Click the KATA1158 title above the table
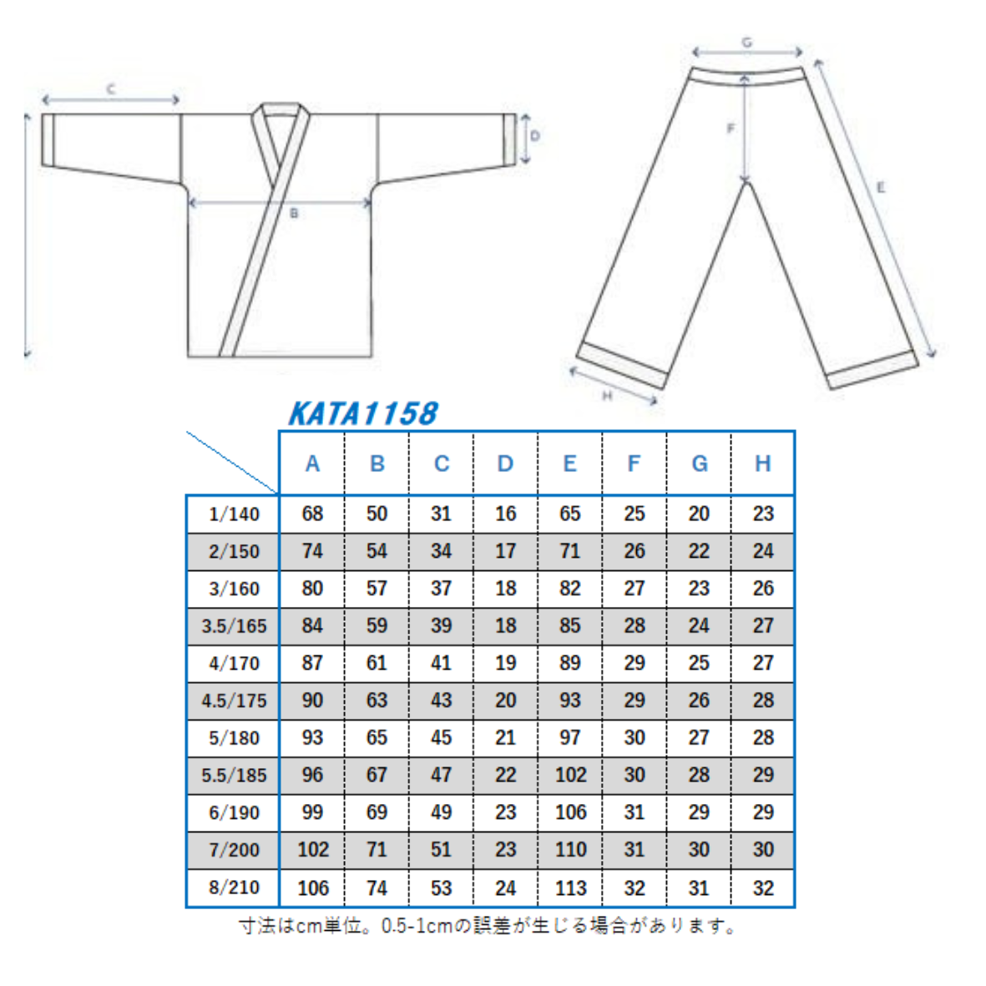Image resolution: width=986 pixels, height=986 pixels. click(363, 413)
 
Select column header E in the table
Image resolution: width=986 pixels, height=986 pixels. click(569, 463)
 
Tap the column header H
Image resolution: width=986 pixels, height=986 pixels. click(763, 463)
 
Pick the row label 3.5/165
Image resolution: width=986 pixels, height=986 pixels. click(234, 625)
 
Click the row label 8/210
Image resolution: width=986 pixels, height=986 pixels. click(234, 887)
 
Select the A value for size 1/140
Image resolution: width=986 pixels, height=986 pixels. click(312, 513)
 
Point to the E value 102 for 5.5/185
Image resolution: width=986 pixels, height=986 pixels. click(570, 775)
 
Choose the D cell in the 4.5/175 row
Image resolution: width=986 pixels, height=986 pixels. click(506, 700)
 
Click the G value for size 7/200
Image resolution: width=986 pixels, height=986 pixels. click(699, 850)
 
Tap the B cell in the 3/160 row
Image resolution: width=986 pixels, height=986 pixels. click(377, 588)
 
